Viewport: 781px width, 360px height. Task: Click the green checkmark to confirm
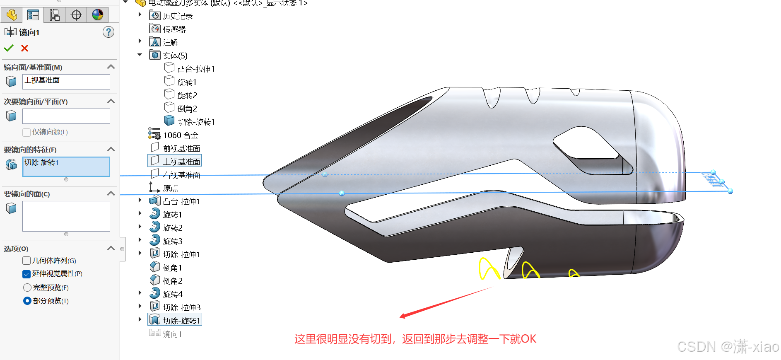9,48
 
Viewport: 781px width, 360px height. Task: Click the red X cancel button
25,48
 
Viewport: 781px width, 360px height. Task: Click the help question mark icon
108,32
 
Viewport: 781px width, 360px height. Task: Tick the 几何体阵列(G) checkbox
27,261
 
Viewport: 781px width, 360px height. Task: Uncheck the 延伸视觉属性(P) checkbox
27,274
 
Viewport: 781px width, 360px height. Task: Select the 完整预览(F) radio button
27,288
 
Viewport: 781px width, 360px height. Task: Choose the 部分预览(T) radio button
27,301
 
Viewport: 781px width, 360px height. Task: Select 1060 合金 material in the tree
181,135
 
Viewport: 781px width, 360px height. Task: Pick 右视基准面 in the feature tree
181,175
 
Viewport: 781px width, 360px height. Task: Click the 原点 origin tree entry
170,188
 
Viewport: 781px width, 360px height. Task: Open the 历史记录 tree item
178,16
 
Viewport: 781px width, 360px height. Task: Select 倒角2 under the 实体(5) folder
187,109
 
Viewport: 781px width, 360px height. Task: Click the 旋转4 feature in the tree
173,294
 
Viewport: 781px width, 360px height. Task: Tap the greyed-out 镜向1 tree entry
172,334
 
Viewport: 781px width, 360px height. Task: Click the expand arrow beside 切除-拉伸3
140,307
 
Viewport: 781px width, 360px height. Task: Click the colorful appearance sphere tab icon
98,15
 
